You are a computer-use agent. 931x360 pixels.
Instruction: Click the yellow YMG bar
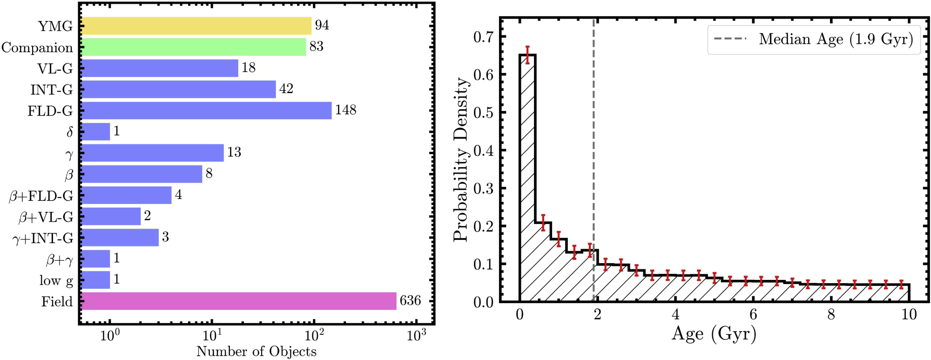point(196,26)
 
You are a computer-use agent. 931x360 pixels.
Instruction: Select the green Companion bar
point(194,47)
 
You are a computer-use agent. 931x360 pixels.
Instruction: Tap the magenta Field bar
point(239,301)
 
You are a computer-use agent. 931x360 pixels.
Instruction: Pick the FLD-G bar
point(206,110)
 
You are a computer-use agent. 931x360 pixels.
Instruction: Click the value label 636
point(410,301)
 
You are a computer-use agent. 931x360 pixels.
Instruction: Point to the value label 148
point(345,110)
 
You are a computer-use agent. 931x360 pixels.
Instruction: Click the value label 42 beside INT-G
point(286,89)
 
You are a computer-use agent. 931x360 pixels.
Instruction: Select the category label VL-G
point(55,68)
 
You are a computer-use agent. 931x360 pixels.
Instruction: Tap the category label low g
point(56,280)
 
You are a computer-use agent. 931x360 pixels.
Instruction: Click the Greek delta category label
point(69,132)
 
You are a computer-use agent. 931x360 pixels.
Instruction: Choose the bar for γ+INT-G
point(120,238)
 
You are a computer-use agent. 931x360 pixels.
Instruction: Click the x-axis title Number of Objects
point(256,351)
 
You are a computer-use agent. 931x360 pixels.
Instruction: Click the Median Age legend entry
point(814,40)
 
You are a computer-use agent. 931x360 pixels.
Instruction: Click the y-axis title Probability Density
point(460,160)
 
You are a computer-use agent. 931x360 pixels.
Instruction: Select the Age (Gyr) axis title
point(714,334)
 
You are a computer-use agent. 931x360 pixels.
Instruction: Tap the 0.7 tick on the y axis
point(484,37)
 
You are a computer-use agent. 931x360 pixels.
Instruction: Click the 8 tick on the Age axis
point(831,314)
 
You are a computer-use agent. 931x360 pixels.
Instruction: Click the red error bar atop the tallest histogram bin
point(527,55)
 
